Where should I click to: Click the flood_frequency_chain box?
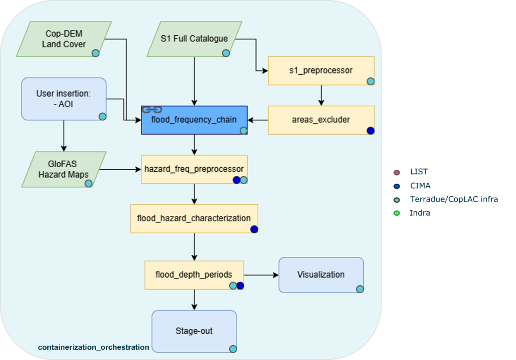pyautogui.click(x=194, y=120)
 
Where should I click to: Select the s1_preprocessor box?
pyautogui.click(x=321, y=71)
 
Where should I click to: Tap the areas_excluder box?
pyautogui.click(x=321, y=120)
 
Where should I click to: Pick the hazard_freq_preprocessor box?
pyautogui.click(x=194, y=169)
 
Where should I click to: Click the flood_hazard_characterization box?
pyautogui.click(x=194, y=219)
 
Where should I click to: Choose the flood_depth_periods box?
pyautogui.click(x=194, y=275)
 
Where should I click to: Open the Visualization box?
pyautogui.click(x=321, y=275)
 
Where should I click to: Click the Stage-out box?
pyautogui.click(x=194, y=331)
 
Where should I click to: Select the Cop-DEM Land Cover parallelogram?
pyautogui.click(x=64, y=39)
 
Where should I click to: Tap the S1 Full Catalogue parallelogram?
pyautogui.click(x=194, y=39)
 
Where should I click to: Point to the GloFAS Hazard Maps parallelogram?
pyautogui.click(x=64, y=169)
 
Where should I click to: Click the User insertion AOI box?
pyautogui.click(x=64, y=99)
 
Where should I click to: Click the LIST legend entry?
pyautogui.click(x=419, y=172)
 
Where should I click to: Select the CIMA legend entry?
pyautogui.click(x=420, y=186)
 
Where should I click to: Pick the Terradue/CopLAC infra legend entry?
pyautogui.click(x=453, y=199)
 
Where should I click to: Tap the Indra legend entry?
pyautogui.click(x=419, y=213)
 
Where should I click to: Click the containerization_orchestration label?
pyautogui.click(x=93, y=347)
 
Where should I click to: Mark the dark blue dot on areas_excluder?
pyautogui.click(x=371, y=130)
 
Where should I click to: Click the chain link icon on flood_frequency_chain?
pyautogui.click(x=151, y=109)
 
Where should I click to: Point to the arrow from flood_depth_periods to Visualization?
pyautogui.click(x=261, y=275)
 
